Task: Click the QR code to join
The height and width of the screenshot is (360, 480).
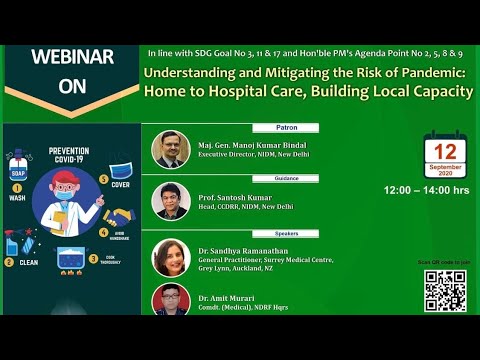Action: (x=444, y=290)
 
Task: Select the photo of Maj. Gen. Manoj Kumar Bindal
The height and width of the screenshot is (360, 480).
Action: (x=171, y=149)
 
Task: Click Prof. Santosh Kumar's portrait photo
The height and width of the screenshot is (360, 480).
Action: (x=171, y=201)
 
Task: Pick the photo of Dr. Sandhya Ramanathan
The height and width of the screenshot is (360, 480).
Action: (x=171, y=257)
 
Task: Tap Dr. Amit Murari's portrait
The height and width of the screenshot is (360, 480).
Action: (x=171, y=300)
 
